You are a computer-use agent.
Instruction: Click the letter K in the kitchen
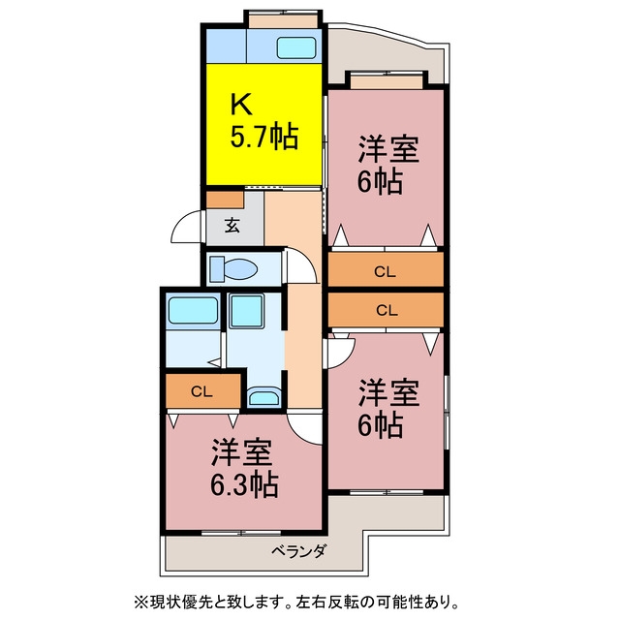click(x=241, y=104)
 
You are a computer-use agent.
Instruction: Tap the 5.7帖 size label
click(x=263, y=137)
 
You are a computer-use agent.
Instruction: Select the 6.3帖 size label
click(x=244, y=484)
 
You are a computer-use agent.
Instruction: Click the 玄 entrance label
click(x=232, y=225)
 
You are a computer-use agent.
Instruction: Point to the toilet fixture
click(x=233, y=268)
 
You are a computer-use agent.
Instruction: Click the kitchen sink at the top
click(x=296, y=48)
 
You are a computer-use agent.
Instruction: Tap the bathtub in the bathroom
click(x=193, y=311)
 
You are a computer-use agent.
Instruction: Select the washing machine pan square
click(x=247, y=311)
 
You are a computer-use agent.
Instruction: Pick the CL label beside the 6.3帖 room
click(x=201, y=391)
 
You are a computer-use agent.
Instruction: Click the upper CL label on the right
click(x=385, y=272)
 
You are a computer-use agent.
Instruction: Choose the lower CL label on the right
click(x=387, y=310)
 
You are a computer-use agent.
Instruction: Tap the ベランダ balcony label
click(x=299, y=551)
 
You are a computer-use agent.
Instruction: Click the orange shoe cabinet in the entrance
click(x=225, y=200)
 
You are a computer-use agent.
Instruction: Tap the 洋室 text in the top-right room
click(x=388, y=149)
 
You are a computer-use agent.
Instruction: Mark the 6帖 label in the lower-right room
click(x=380, y=425)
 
